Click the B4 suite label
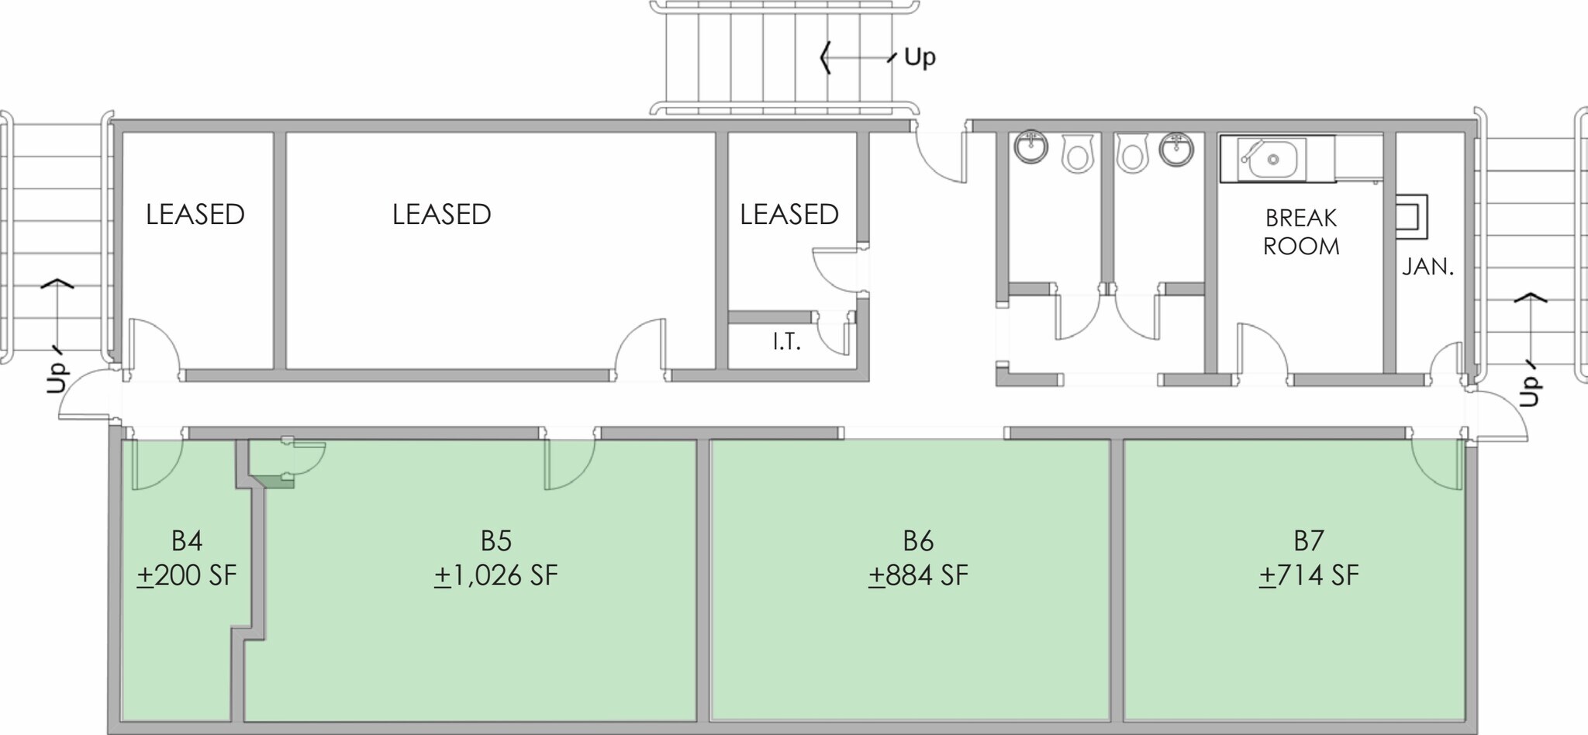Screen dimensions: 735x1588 pos(187,540)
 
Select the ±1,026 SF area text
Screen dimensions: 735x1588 pos(496,576)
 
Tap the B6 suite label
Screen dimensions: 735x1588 pos(918,540)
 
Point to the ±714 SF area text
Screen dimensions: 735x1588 pos(1309,576)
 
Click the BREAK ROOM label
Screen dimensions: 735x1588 pos(1301,232)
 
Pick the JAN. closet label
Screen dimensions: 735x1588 pos(1427,267)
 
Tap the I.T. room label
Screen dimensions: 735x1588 pos(786,342)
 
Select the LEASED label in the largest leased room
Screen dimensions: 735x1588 pos(441,215)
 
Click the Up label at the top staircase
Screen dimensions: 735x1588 pos(920,57)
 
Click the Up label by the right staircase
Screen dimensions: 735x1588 pos(1528,392)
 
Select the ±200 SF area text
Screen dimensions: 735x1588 pos(187,576)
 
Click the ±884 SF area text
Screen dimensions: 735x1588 pos(918,576)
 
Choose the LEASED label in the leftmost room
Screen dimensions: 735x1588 pos(195,215)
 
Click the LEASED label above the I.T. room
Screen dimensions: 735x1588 pos(789,215)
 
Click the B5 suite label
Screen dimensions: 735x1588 pos(496,540)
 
